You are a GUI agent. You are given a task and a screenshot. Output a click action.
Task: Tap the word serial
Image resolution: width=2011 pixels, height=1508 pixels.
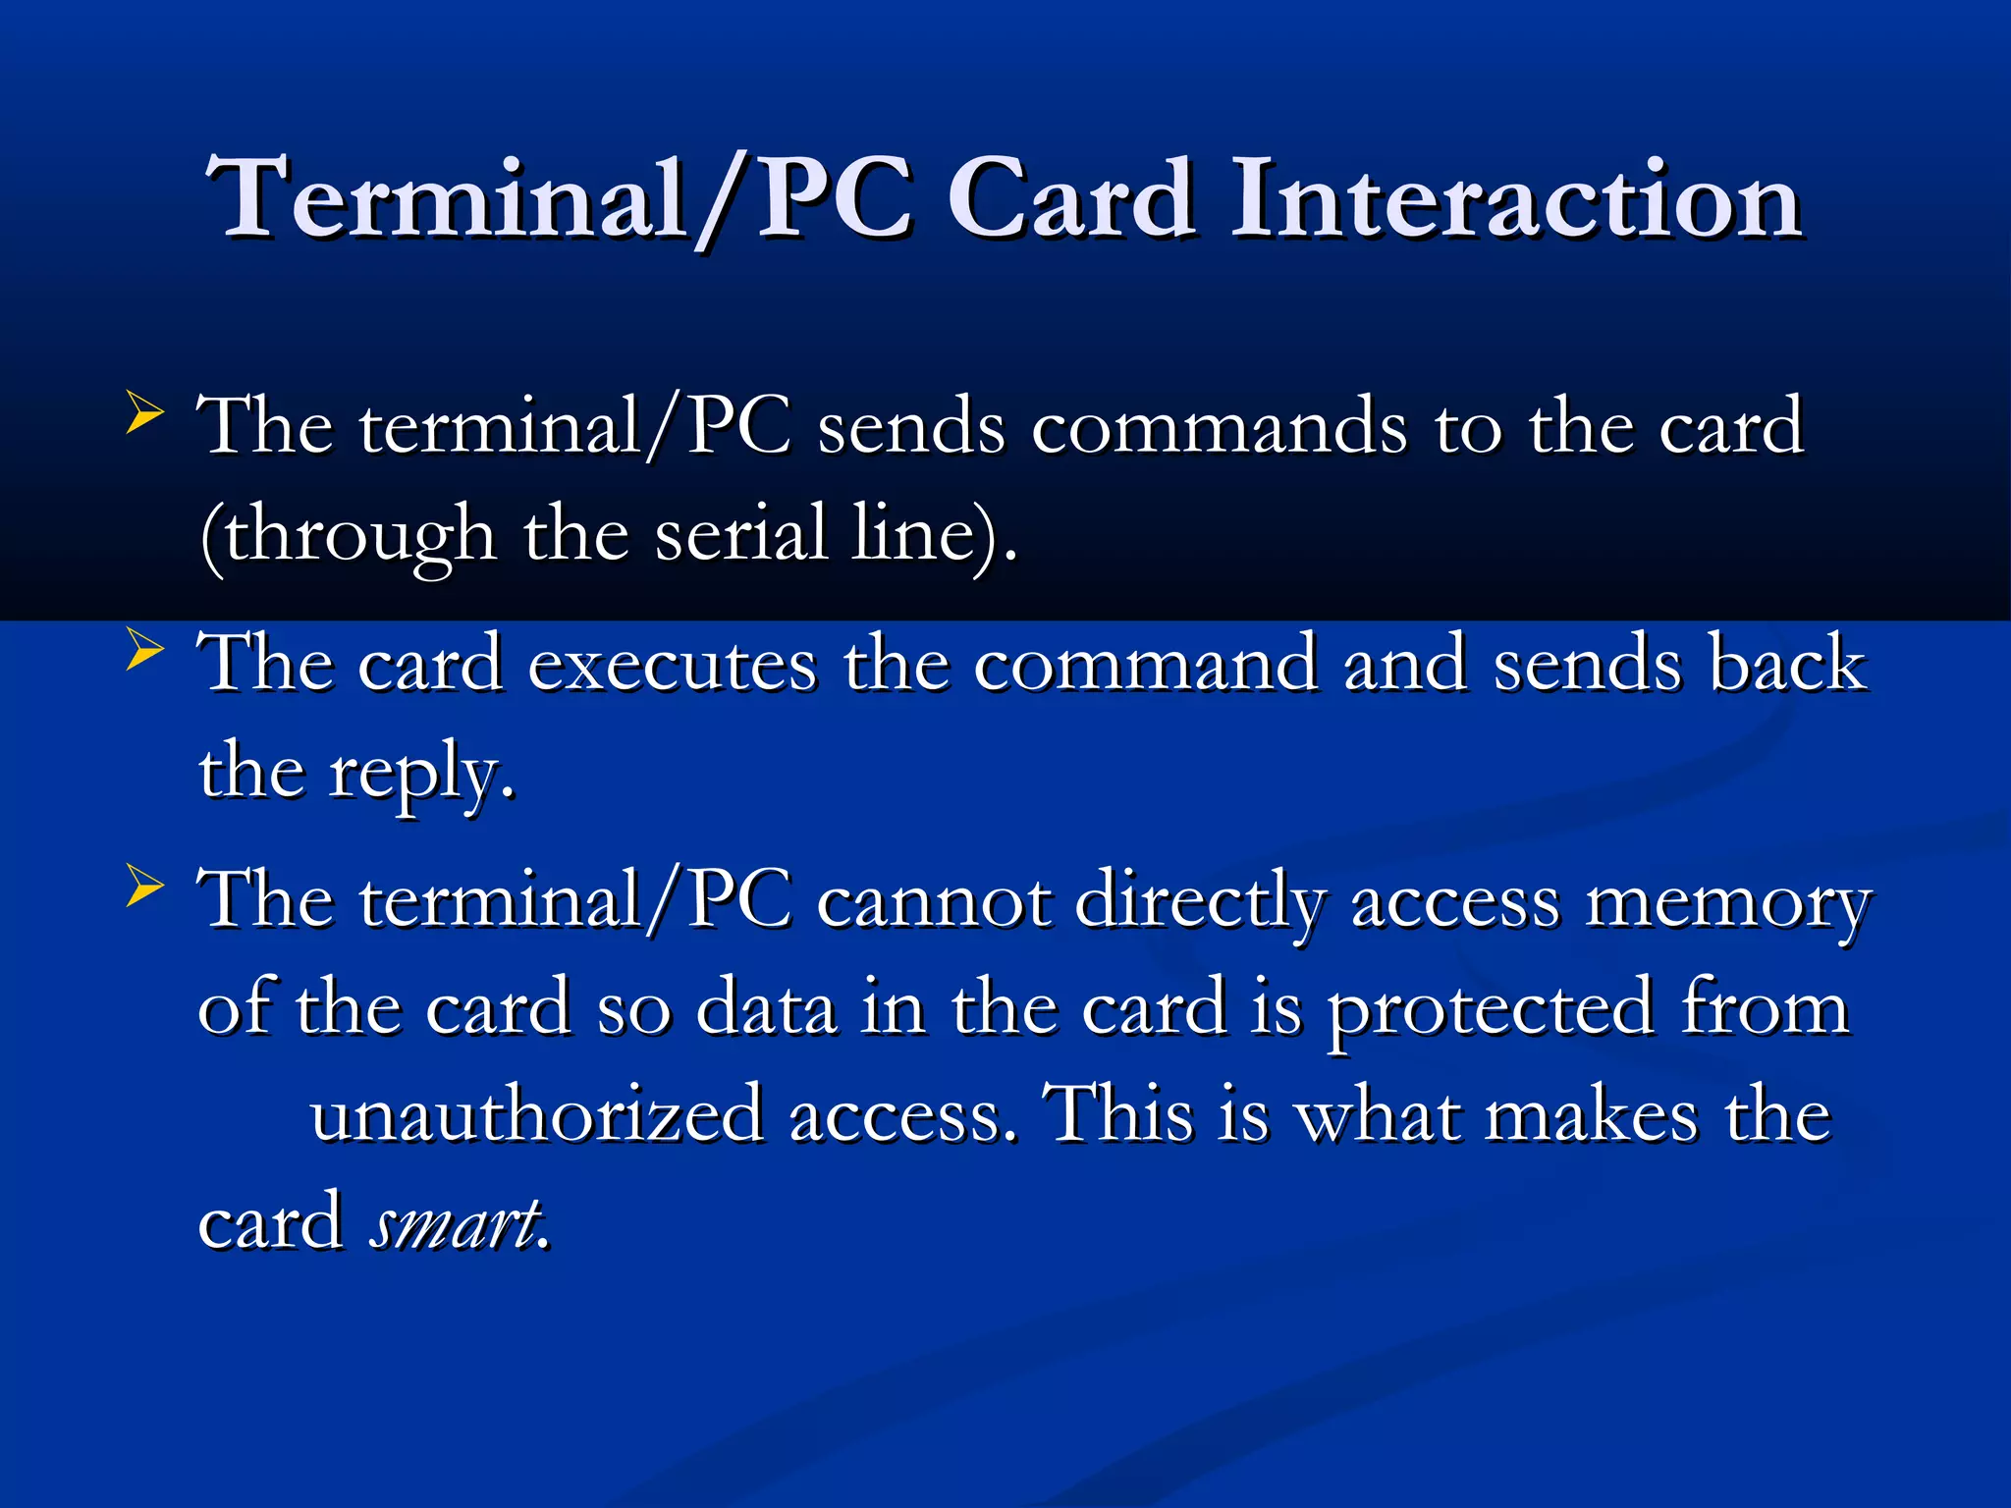coord(741,534)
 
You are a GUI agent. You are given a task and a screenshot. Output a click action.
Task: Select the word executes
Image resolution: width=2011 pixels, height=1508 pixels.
coord(672,665)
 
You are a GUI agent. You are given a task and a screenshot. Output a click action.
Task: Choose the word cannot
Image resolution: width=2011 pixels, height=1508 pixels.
coord(933,901)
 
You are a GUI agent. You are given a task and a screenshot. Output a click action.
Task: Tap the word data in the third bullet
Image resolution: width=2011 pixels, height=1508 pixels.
coord(766,1009)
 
